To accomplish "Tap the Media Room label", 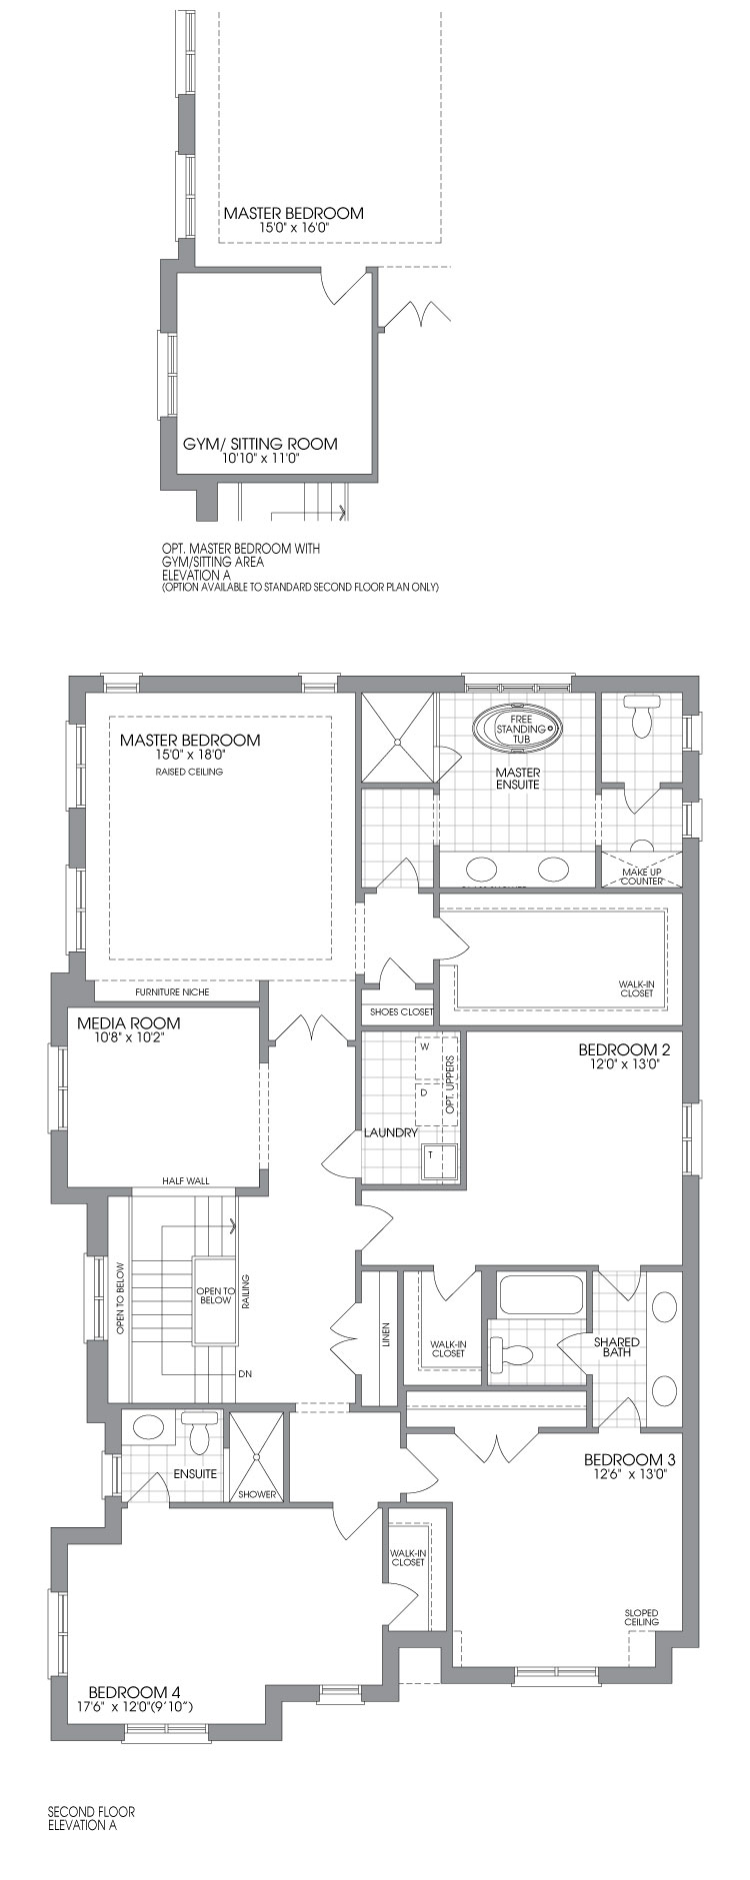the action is pos(129,1022).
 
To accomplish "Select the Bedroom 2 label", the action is pos(624,1049).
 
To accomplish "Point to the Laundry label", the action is pos(390,1132).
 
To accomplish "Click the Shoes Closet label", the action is pos(402,1011).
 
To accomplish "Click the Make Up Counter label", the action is pos(641,877).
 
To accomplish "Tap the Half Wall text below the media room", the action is pos(186,1180).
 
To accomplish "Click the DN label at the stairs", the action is pos(245,1374).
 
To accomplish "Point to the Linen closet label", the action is pos(386,1335).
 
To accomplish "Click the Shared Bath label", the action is pos(616,1346).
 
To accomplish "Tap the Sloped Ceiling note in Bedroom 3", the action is pos(641,1616).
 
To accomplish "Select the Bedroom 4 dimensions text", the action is pos(135,1706).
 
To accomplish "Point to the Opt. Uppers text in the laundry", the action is pos(450,1084).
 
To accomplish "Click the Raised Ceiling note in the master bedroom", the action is pos(189,772).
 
